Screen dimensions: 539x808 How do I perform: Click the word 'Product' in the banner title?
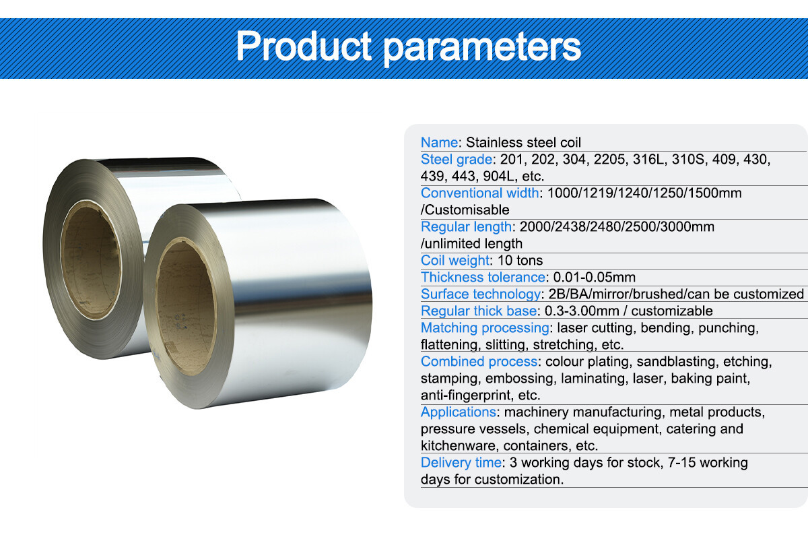pos(303,45)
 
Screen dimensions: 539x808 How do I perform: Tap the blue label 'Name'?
pos(439,142)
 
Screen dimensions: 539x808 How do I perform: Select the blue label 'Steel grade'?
pos(456,160)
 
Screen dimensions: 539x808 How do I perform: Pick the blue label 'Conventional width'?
pos(479,193)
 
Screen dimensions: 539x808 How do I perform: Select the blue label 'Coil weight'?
pos(454,261)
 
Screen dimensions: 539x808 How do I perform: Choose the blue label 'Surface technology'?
pos(480,294)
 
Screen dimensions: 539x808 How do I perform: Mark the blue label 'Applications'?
pos(458,412)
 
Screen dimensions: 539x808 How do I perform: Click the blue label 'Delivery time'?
pos(461,463)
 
